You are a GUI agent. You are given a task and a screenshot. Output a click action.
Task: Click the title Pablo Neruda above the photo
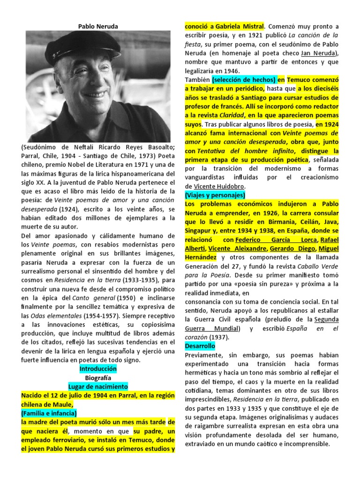tap(98, 26)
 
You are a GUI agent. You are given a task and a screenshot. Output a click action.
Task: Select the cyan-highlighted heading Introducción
tap(98, 369)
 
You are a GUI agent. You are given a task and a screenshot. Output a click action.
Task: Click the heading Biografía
tap(98, 378)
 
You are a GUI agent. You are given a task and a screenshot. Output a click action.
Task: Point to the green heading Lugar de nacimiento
tap(98, 387)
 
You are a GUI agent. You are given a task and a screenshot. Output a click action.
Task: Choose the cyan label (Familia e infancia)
tap(49, 413)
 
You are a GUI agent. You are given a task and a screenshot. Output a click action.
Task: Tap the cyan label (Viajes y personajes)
tap(215, 195)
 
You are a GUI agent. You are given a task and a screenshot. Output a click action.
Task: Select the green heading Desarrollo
tap(200, 346)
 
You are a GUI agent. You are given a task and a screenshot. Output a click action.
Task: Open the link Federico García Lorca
tap(262, 240)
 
